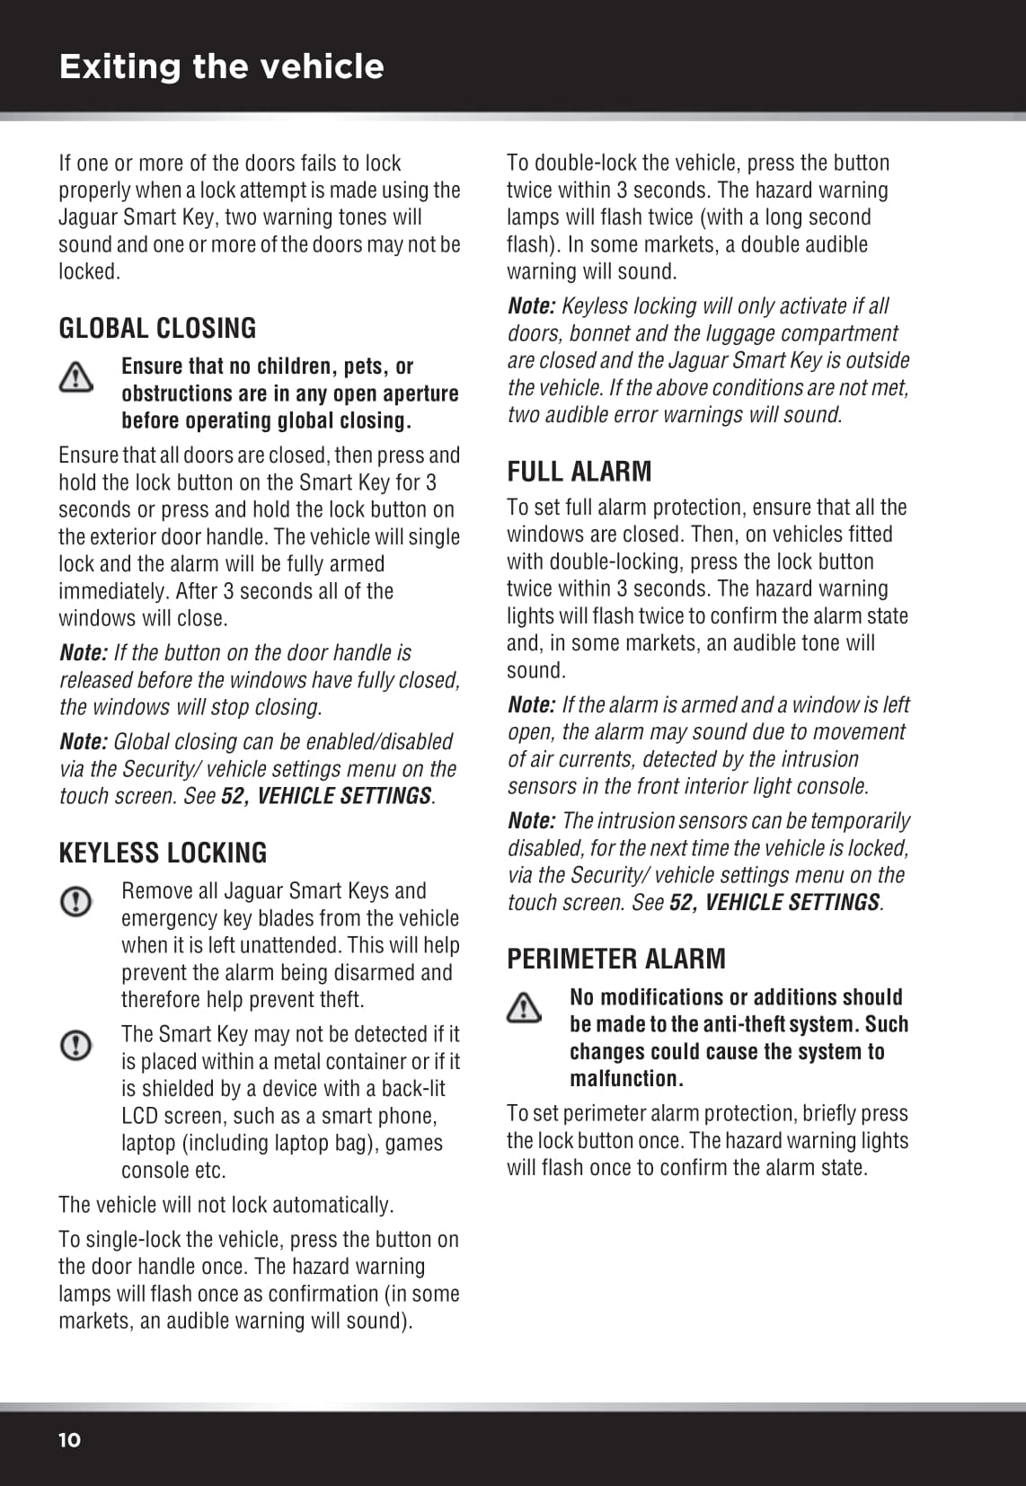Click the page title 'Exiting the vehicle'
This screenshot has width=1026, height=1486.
221,66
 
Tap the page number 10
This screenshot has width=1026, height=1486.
69,1440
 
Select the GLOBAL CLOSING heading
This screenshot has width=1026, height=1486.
157,329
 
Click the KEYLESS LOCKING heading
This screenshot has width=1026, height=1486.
163,854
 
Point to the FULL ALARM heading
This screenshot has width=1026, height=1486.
579,472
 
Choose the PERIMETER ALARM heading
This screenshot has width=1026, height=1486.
615,960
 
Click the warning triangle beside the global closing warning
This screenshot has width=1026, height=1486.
75,377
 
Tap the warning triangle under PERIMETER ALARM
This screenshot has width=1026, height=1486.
524,1008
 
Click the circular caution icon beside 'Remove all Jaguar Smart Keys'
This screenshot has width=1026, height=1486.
75,901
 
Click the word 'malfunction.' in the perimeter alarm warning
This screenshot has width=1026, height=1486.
626,1079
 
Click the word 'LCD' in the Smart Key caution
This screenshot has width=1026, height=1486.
141,1117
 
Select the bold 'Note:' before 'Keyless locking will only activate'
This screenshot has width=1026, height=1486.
531,306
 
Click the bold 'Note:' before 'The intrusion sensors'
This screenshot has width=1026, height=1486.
531,821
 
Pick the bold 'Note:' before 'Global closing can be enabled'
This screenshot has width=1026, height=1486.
83,742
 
